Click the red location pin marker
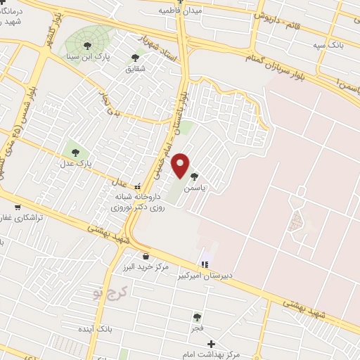(x=181, y=165)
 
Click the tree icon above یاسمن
(x=194, y=178)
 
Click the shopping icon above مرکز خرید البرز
(x=146, y=257)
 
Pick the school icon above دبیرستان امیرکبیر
(x=204, y=264)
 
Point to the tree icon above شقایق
(x=135, y=58)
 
